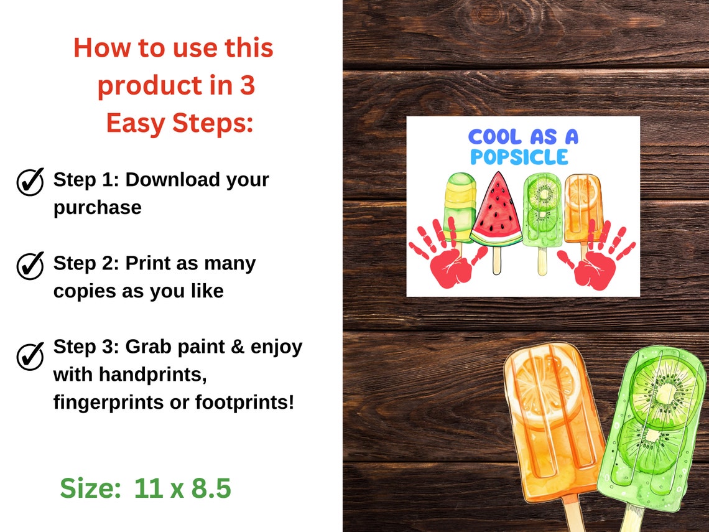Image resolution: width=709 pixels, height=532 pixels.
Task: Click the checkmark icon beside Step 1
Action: [x=30, y=181]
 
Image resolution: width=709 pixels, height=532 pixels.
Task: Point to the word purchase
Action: [x=97, y=207]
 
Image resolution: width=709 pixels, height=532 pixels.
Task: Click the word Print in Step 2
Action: [x=149, y=263]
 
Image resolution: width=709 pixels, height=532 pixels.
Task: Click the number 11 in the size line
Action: [x=148, y=488]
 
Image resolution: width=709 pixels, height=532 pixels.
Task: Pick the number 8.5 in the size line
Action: [x=210, y=488]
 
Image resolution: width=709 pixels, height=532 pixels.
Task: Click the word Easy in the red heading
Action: [x=134, y=123]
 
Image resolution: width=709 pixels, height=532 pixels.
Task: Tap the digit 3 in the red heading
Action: [x=247, y=86]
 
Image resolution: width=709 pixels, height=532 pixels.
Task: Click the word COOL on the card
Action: [x=493, y=137]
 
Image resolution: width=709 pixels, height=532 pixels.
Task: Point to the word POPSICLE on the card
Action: [x=519, y=157]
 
